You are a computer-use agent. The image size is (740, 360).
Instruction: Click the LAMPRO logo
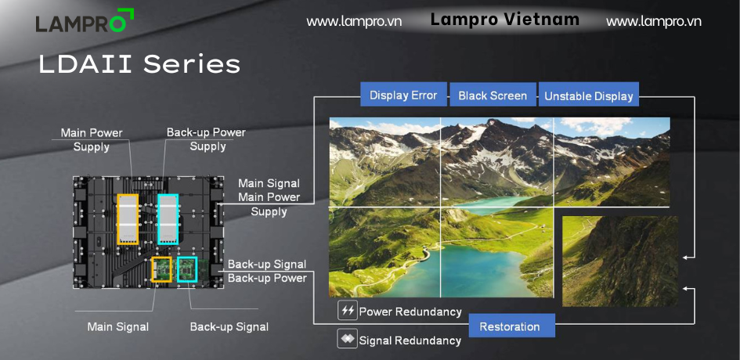(x=85, y=21)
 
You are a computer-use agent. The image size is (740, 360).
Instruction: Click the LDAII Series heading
(x=139, y=64)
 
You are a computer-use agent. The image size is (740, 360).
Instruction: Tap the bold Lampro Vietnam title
(x=504, y=20)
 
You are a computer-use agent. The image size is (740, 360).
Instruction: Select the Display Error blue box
(x=403, y=95)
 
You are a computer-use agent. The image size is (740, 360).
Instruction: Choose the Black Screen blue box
(x=493, y=95)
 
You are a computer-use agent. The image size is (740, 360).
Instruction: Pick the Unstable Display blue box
(x=589, y=95)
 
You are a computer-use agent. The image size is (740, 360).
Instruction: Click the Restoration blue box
(x=511, y=326)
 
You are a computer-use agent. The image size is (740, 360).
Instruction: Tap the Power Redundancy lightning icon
(x=348, y=311)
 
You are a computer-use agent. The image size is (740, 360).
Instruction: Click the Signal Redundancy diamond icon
(x=348, y=339)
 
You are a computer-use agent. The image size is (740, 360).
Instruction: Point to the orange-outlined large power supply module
(x=128, y=219)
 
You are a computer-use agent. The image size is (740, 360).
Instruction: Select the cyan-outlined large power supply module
(x=168, y=219)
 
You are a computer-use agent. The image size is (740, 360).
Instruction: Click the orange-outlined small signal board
(x=161, y=269)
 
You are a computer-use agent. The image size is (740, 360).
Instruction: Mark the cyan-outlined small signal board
(x=187, y=269)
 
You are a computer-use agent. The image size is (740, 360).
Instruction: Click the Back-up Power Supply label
(x=206, y=139)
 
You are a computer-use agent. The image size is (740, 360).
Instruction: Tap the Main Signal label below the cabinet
(x=118, y=326)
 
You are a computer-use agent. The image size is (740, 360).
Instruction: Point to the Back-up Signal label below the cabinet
(x=229, y=326)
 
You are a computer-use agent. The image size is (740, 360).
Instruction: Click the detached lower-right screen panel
(x=620, y=261)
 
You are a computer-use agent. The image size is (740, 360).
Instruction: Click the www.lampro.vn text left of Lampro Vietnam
(x=354, y=22)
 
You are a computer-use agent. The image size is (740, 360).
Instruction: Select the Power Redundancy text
(x=410, y=311)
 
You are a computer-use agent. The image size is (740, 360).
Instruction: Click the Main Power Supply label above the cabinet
(x=92, y=139)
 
